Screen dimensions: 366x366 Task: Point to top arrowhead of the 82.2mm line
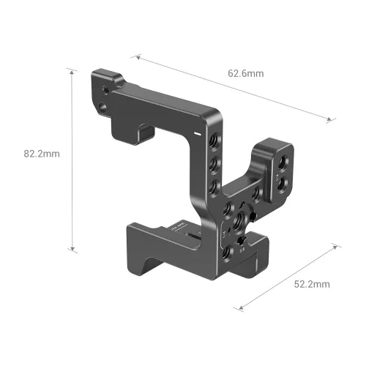(x=72, y=71)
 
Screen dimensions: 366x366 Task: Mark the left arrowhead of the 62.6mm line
(x=134, y=54)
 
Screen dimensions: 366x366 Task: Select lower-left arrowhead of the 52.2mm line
(x=239, y=308)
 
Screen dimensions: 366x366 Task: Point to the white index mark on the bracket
(x=198, y=133)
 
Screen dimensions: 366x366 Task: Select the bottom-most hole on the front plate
(x=225, y=252)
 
